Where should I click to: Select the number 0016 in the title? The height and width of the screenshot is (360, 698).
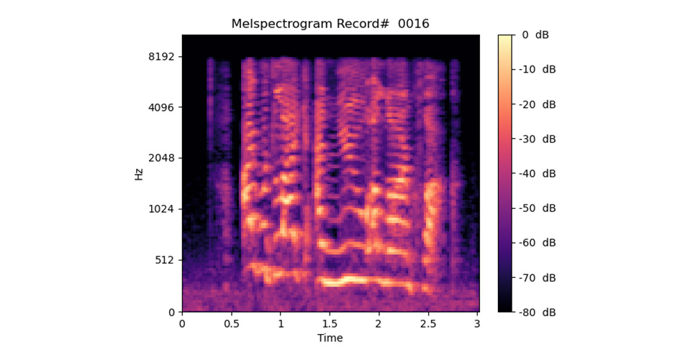(x=414, y=24)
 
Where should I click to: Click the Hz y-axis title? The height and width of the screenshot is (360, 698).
(x=139, y=173)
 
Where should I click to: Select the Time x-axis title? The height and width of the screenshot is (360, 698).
(x=330, y=338)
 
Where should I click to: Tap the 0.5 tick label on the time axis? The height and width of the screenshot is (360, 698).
(x=231, y=323)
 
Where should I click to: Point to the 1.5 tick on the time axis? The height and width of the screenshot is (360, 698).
(x=330, y=323)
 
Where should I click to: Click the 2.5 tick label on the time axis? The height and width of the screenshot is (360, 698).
(x=429, y=323)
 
